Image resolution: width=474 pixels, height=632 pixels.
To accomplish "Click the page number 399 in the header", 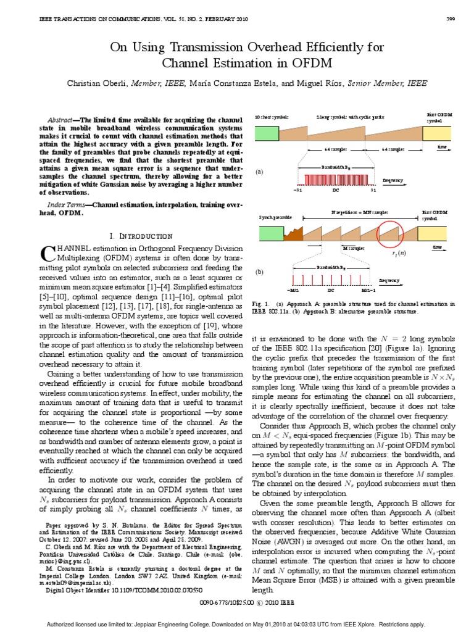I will [x=450, y=19].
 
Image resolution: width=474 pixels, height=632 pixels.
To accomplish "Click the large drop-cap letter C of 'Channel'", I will [x=48, y=253].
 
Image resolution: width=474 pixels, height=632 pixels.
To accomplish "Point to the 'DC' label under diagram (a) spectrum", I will [x=336, y=190].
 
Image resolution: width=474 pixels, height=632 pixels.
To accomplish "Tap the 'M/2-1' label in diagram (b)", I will [x=368, y=289].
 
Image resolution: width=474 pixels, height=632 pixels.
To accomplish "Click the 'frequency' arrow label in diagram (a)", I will [x=393, y=180].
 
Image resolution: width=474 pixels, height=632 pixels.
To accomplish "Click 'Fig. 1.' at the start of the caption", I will [x=262, y=304].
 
